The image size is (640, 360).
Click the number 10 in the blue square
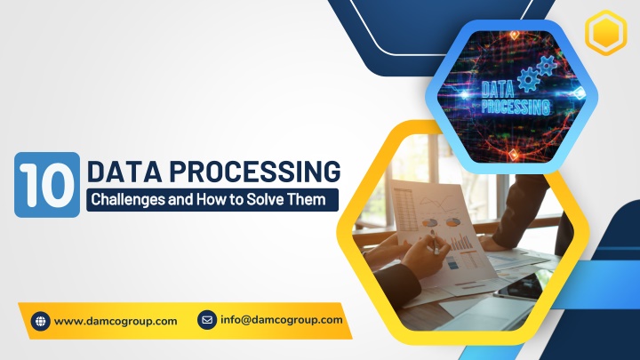point(47,185)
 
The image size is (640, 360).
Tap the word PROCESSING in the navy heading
point(255,171)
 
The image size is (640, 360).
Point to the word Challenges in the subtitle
point(128,200)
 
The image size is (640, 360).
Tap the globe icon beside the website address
point(40,321)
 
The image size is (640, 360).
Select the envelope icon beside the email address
point(207,320)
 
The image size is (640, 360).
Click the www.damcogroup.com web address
point(116,321)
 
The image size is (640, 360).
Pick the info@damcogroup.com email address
point(281,320)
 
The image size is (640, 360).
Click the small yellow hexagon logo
point(605,33)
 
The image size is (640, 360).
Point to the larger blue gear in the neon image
point(529,80)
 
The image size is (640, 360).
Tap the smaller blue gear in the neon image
point(547,65)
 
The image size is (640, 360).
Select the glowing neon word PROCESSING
point(516,107)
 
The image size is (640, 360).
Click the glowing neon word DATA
point(498,89)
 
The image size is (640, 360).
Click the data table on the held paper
point(405,209)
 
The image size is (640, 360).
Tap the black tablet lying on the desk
point(520,284)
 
